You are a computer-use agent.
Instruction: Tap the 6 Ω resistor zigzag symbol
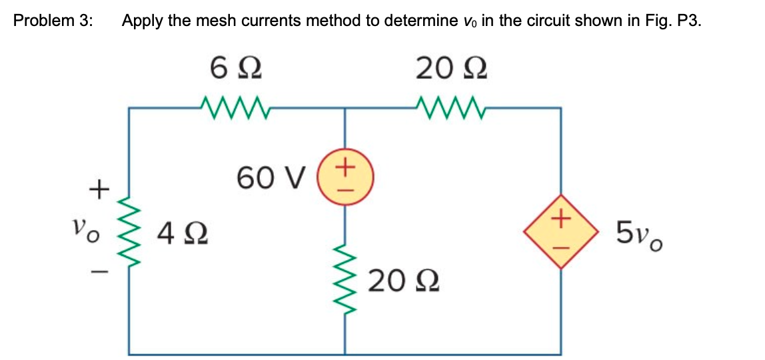235,105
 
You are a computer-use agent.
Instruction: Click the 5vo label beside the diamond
639,233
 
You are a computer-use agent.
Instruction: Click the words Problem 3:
53,20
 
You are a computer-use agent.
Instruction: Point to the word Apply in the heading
143,20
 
